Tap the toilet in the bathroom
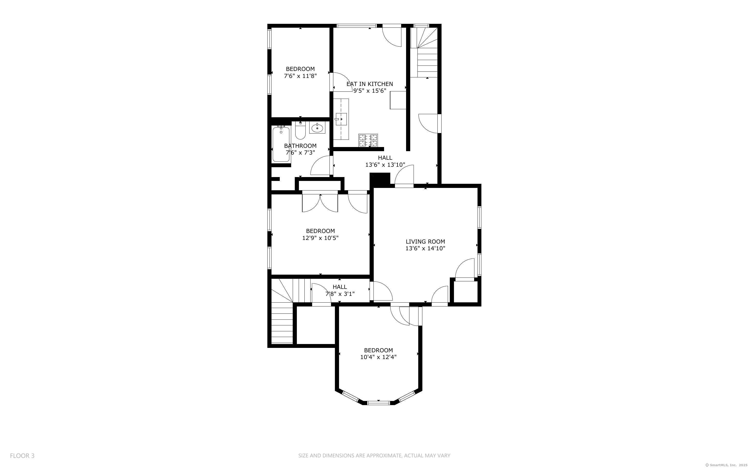pos(300,131)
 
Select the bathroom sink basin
pos(317,128)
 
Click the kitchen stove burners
pos(368,140)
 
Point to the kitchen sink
pos(341,119)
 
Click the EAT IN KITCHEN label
pos(370,84)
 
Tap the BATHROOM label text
pos(300,146)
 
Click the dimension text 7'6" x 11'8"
pos(300,76)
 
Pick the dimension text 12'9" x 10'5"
pos(320,238)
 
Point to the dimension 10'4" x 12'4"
pos(378,357)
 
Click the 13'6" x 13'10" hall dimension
pos(385,165)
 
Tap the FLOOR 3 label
pos(22,456)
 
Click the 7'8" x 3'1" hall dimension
pos(340,294)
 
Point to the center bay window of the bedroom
pos(378,403)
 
